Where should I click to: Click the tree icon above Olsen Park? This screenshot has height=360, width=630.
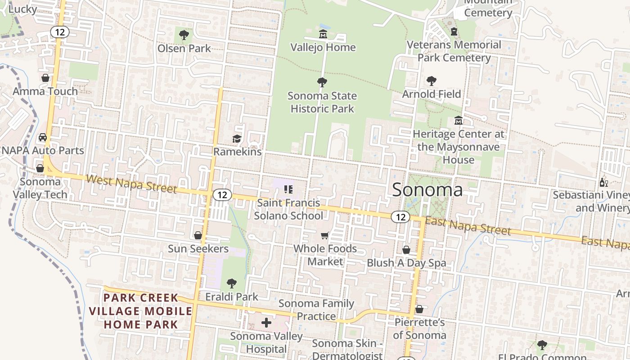pyautogui.click(x=184, y=35)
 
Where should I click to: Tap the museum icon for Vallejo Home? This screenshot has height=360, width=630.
pyautogui.click(x=323, y=34)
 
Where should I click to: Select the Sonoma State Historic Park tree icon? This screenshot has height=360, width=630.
pyautogui.click(x=322, y=82)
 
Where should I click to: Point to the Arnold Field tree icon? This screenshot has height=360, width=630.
pyautogui.click(x=431, y=81)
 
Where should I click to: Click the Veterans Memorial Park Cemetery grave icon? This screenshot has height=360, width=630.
pyautogui.click(x=454, y=31)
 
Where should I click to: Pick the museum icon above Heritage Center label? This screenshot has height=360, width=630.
pyautogui.click(x=458, y=121)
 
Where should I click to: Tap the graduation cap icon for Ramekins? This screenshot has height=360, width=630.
pyautogui.click(x=237, y=139)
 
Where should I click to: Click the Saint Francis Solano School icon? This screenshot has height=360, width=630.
pyautogui.click(x=288, y=190)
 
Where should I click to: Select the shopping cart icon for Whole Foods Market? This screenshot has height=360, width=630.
pyautogui.click(x=325, y=235)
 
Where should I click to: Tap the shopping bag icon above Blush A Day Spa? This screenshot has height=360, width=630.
pyautogui.click(x=406, y=250)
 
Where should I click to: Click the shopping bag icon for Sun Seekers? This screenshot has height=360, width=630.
pyautogui.click(x=198, y=235)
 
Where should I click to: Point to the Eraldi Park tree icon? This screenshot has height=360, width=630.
pyautogui.click(x=231, y=283)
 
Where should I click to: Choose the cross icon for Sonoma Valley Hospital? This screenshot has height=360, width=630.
pyautogui.click(x=266, y=323)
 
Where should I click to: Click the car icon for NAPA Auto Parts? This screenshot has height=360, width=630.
pyautogui.click(x=43, y=137)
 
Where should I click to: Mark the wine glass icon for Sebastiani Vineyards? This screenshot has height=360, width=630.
pyautogui.click(x=603, y=182)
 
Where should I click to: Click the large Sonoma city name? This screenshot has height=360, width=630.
pyautogui.click(x=427, y=189)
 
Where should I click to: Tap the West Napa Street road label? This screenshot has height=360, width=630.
pyautogui.click(x=131, y=184)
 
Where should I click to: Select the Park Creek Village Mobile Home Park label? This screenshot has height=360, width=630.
pyautogui.click(x=140, y=311)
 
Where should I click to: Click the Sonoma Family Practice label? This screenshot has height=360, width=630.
pyautogui.click(x=316, y=310)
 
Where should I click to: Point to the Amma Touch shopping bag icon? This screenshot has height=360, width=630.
pyautogui.click(x=45, y=78)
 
